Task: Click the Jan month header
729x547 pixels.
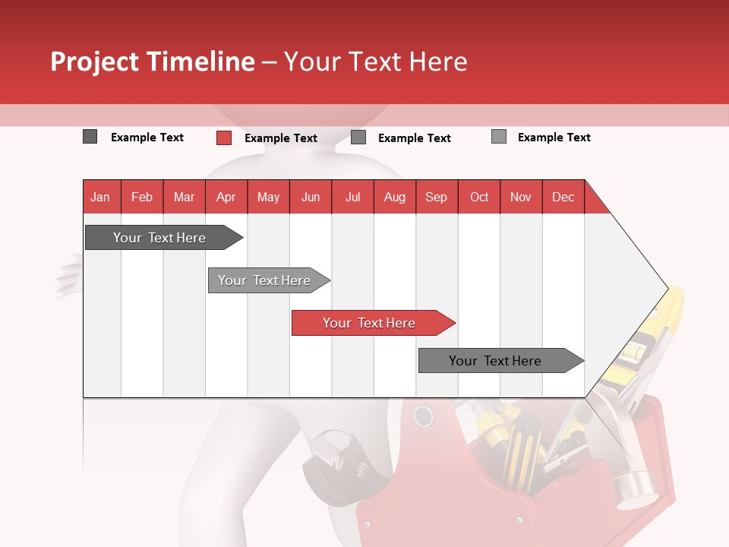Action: tap(101, 197)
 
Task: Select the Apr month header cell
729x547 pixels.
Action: tap(226, 197)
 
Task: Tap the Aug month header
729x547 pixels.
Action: tap(394, 197)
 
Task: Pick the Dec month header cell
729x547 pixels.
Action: tap(563, 197)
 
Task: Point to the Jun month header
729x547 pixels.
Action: tap(311, 197)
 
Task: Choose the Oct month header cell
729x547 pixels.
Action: tap(479, 197)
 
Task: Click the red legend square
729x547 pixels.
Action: tap(223, 138)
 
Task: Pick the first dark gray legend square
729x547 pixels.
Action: tap(90, 137)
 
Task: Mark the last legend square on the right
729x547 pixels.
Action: tap(498, 137)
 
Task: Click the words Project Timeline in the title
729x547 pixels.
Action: tap(152, 62)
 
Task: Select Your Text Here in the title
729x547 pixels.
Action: tap(375, 62)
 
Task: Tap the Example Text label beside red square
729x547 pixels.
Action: tap(280, 138)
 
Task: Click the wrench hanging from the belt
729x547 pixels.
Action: tap(334, 460)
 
